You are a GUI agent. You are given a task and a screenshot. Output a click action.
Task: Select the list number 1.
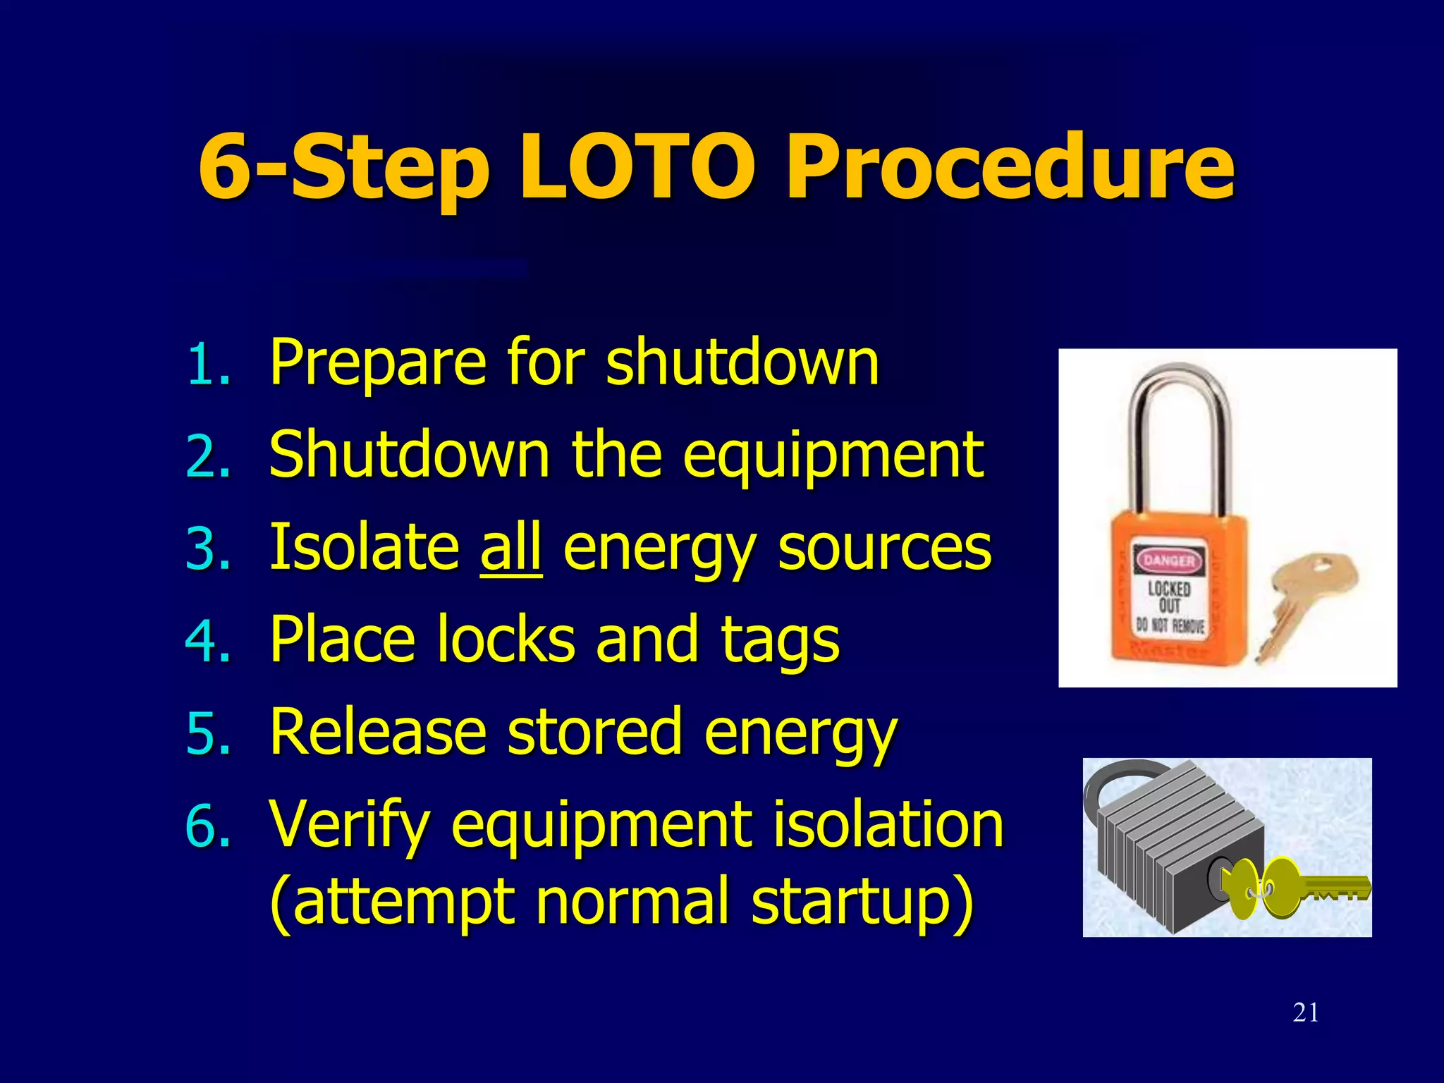208,365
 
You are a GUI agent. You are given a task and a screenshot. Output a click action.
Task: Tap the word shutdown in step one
742,362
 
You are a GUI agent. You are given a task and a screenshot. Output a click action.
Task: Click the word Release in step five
378,732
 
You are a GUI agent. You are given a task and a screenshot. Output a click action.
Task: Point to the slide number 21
1306,1012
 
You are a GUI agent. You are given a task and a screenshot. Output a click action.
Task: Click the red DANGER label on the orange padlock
1168,561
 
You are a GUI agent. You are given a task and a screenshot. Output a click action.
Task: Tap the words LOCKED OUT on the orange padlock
1169,596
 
